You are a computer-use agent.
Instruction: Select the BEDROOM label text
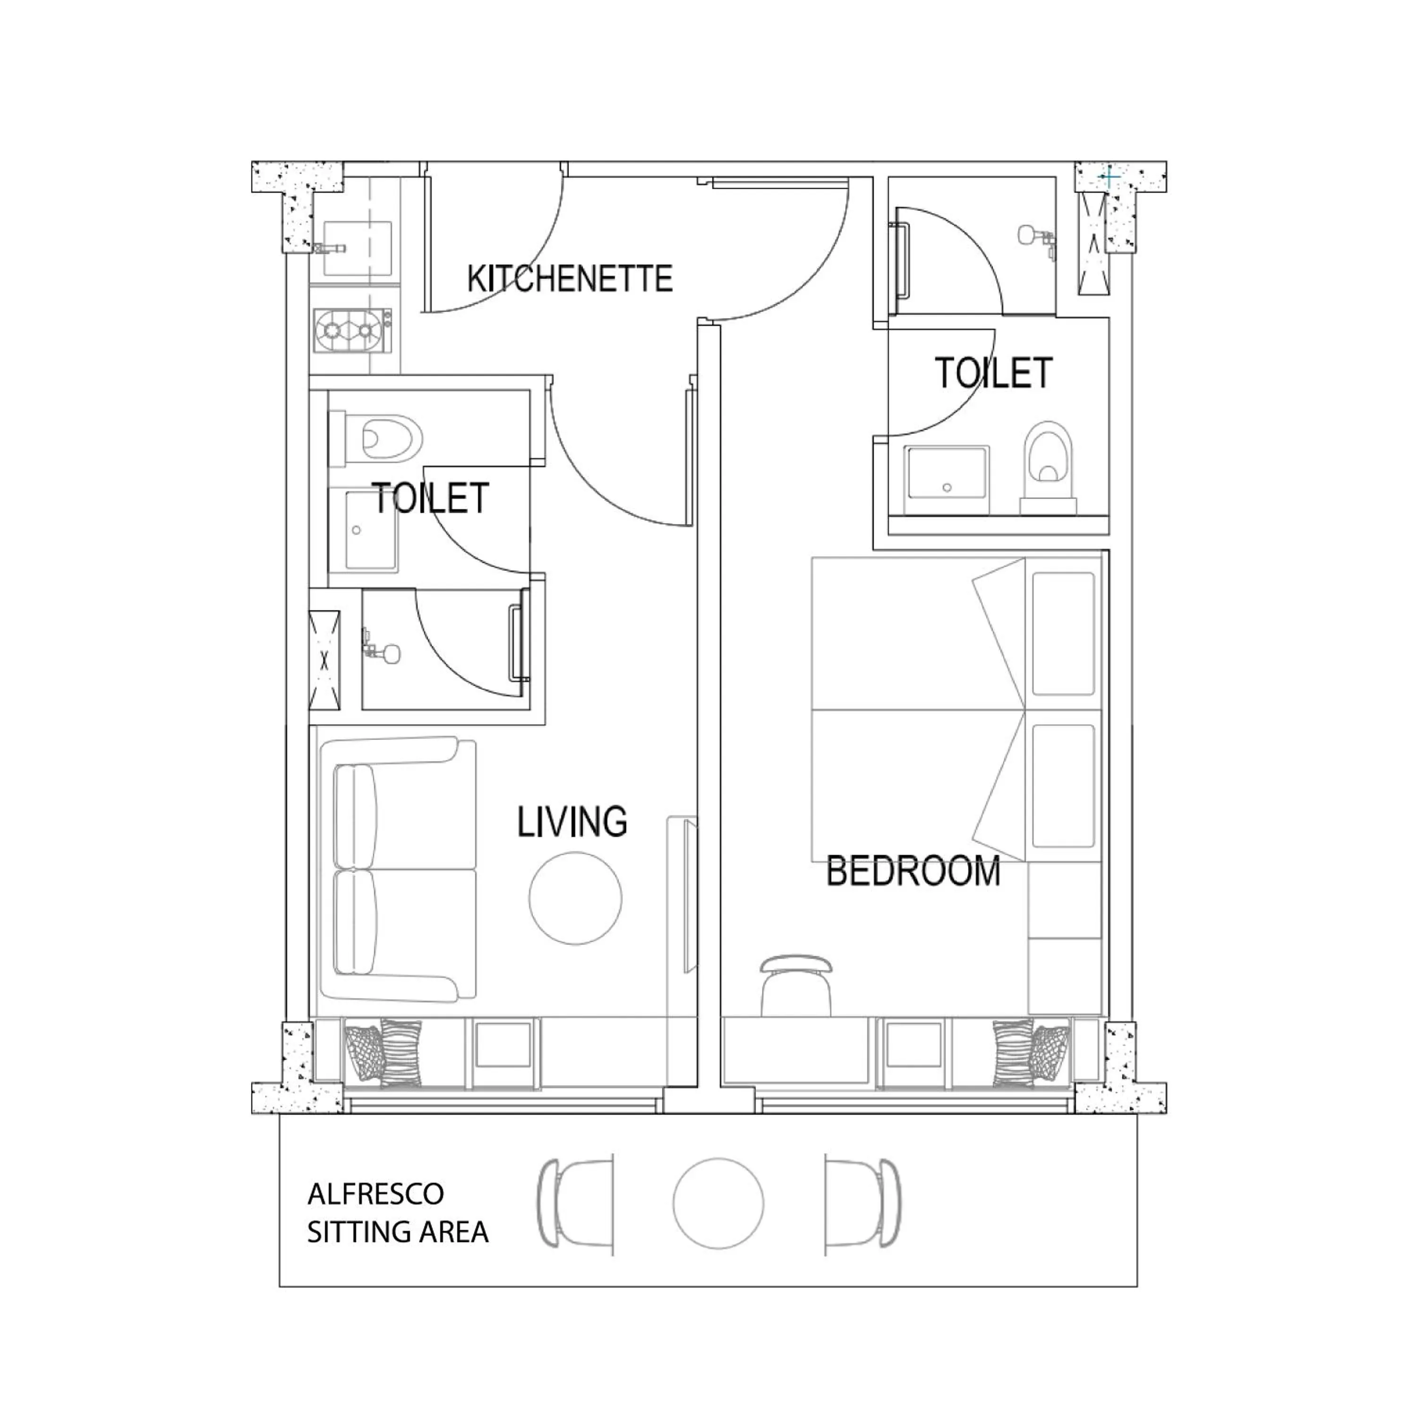click(913, 871)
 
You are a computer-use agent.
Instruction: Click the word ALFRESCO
click(376, 1194)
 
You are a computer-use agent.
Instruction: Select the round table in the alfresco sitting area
click(718, 1203)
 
